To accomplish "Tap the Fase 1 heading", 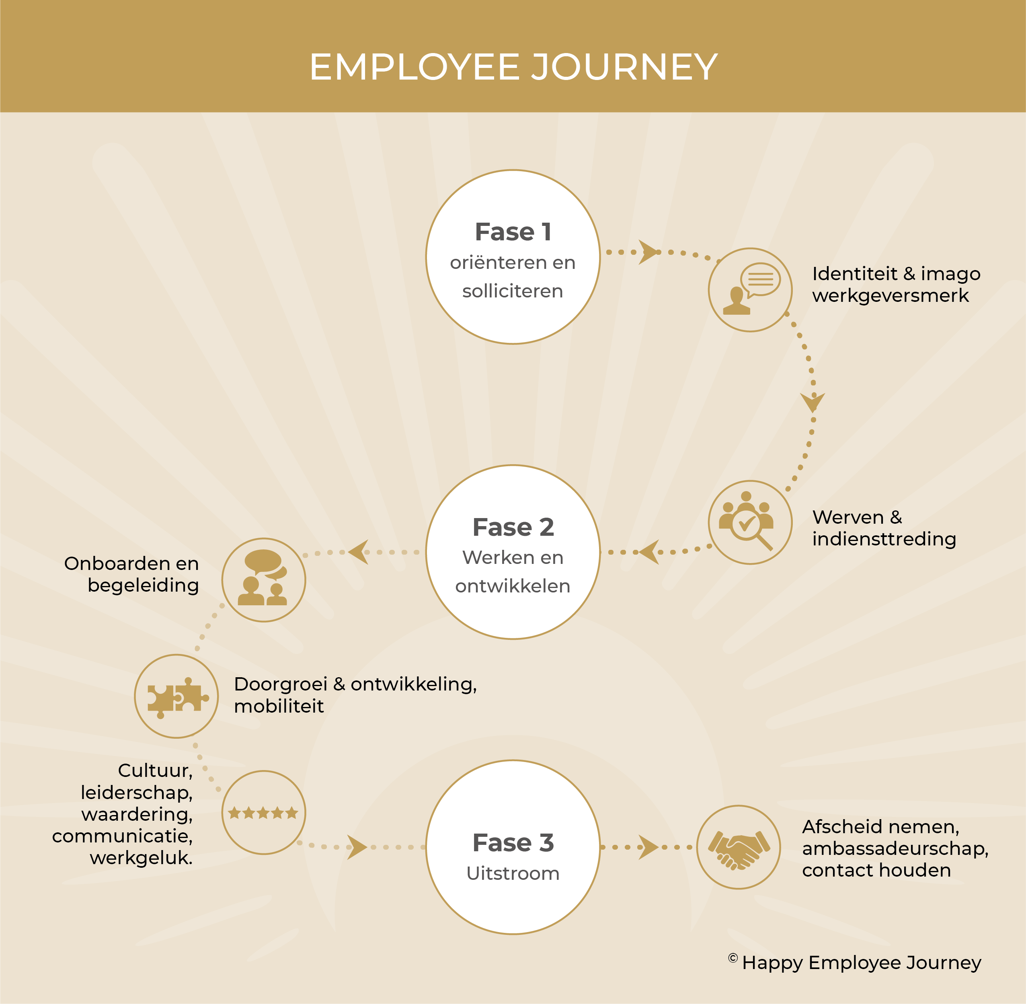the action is [x=513, y=232].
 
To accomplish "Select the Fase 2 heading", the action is [x=513, y=527].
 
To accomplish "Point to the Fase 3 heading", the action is [x=513, y=843].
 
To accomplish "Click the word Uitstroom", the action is [x=513, y=874].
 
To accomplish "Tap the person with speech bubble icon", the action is [x=750, y=289].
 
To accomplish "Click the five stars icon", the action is [x=263, y=813].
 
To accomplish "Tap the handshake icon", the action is [x=739, y=847].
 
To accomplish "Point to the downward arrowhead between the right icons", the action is [x=813, y=402].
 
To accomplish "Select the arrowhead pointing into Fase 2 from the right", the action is [x=649, y=552].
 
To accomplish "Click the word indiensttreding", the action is [x=884, y=539].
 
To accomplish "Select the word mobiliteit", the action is [x=279, y=706].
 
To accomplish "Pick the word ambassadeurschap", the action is [x=895, y=848].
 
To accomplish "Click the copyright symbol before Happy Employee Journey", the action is [x=733, y=958].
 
